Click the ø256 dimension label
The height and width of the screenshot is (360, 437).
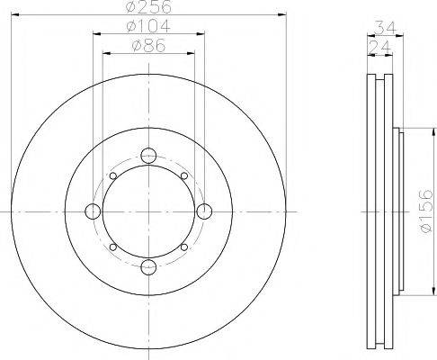pos(149,6)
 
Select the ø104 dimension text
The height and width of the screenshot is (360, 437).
pos(149,26)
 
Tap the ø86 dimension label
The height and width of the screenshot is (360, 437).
pos(149,46)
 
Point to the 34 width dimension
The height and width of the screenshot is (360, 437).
pos(386,27)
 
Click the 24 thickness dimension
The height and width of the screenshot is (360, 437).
pos(379,47)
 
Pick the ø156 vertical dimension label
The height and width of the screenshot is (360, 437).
pos(427,211)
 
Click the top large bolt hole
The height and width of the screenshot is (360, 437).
pos(148,156)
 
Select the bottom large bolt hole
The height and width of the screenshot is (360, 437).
pos(148,267)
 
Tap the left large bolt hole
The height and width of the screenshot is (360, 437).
pos(93,211)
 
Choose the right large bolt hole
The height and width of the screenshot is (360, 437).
pos(204,211)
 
